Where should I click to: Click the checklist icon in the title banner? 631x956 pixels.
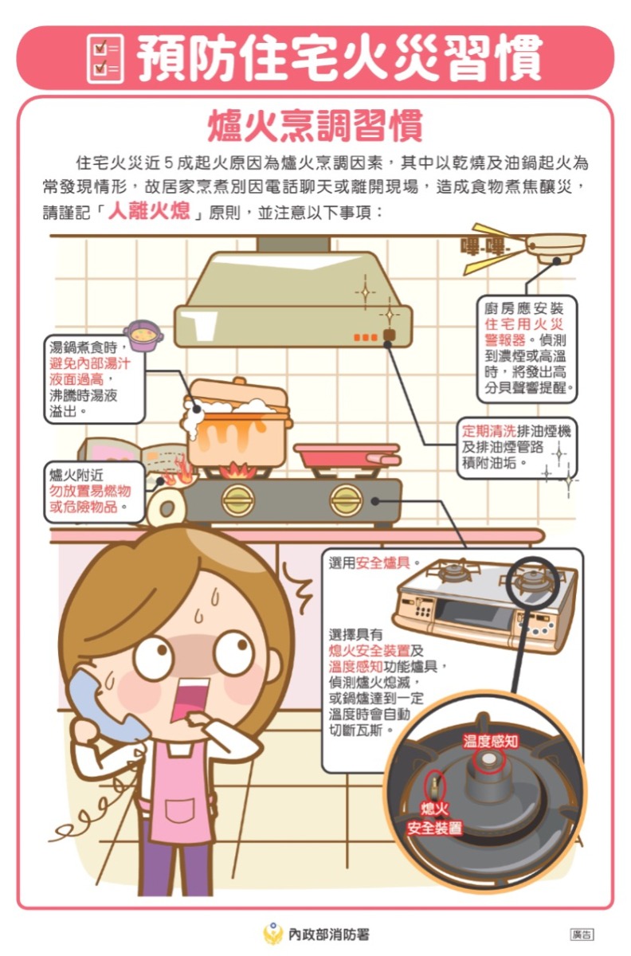click(x=104, y=58)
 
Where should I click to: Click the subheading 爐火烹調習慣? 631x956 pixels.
click(x=315, y=127)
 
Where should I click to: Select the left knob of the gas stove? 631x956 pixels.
click(x=237, y=500)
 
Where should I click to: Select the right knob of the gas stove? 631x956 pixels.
click(x=346, y=500)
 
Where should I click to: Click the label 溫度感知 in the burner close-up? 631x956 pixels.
click(x=491, y=742)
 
